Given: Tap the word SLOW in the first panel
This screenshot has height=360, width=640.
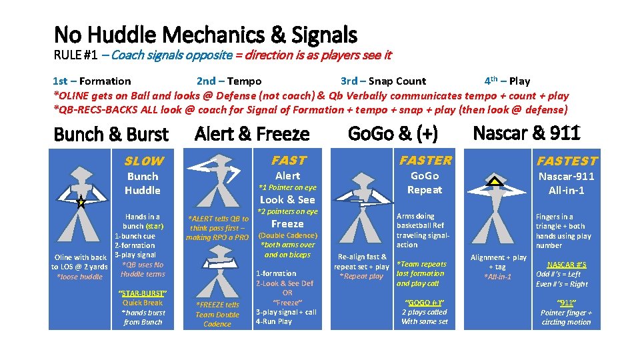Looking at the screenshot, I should (x=143, y=161).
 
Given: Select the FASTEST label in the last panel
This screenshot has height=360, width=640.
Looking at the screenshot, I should (x=567, y=161).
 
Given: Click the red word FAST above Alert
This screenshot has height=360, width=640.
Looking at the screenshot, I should (x=288, y=160).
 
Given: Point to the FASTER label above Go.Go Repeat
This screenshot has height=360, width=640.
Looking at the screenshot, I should (x=425, y=160).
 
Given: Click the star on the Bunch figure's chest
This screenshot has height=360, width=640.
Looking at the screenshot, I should (x=81, y=203).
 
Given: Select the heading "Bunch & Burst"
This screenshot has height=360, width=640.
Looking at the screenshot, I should (x=111, y=134).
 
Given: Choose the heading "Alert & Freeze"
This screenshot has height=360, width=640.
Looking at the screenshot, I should (x=252, y=134).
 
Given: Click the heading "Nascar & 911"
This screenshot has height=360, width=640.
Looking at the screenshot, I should (x=526, y=133).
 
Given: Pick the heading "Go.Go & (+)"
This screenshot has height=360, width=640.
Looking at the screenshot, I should (x=393, y=134).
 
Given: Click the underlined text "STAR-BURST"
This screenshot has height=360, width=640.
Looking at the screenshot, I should (x=142, y=293).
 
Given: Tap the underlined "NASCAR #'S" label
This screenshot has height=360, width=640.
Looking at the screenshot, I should (x=567, y=265).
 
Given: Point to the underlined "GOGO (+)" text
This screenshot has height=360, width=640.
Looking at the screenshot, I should (x=424, y=302).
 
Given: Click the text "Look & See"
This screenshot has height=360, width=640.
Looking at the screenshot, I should (x=287, y=199).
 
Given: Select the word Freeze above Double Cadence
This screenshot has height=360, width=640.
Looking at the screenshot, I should (x=287, y=224).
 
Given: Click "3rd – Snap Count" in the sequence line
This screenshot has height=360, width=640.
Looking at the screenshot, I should (x=383, y=81).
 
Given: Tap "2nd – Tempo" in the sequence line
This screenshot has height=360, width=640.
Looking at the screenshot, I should (x=229, y=81).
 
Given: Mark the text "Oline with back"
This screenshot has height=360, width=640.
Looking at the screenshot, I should (x=80, y=257).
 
